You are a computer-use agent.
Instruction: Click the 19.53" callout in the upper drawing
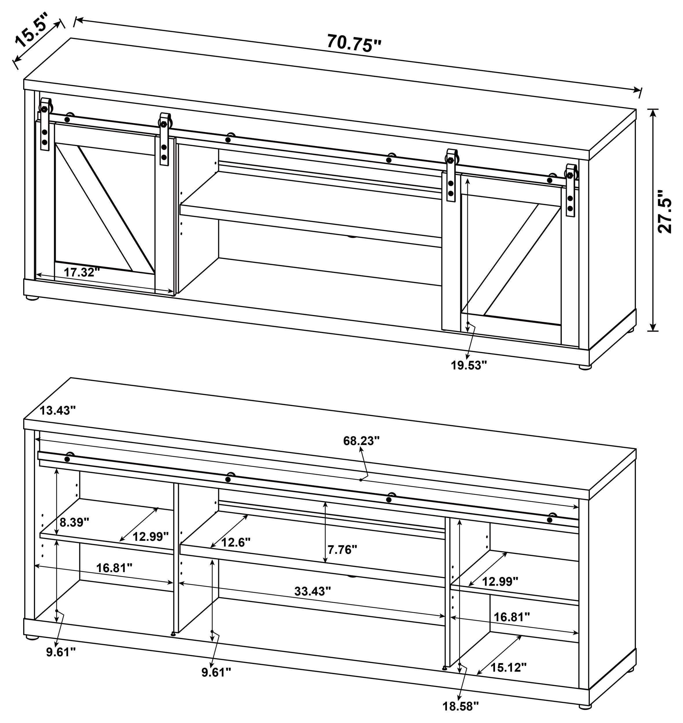[469, 365]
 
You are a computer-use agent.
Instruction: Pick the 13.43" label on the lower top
[58, 411]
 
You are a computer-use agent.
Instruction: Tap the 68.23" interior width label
[361, 441]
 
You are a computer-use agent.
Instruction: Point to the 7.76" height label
[342, 549]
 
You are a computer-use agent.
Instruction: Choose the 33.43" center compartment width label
[312, 591]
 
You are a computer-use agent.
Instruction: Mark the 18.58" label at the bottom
[461, 706]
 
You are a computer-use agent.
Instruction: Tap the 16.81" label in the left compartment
[114, 568]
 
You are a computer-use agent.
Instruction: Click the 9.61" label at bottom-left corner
[61, 652]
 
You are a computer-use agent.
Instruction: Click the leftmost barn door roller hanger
[45, 124]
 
